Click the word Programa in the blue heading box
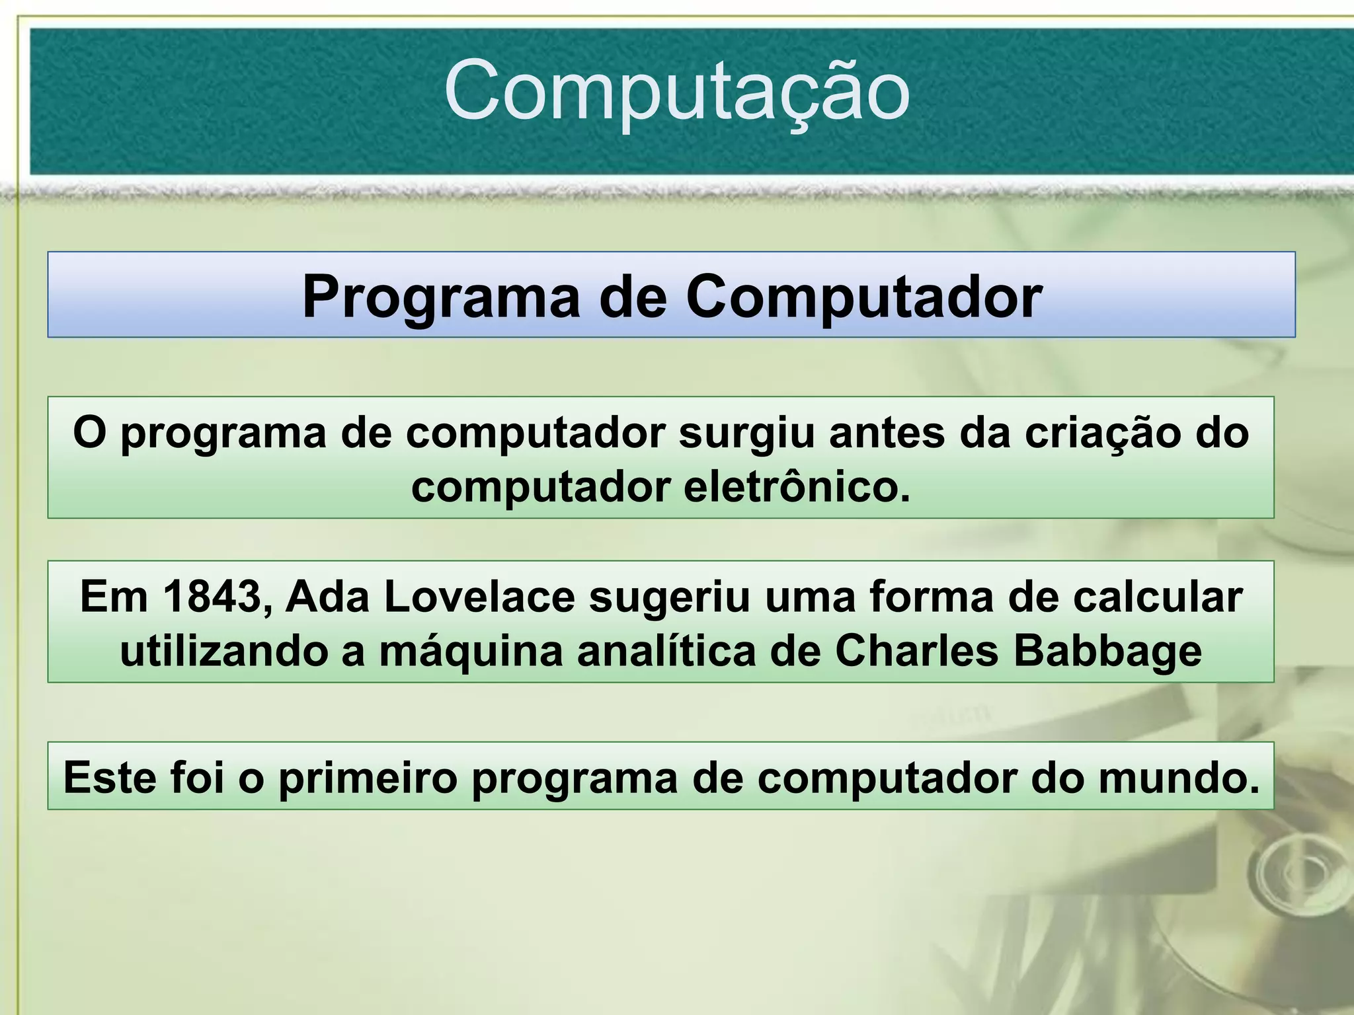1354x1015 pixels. click(x=440, y=297)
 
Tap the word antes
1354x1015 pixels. click(x=887, y=434)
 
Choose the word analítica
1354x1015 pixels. click(x=666, y=652)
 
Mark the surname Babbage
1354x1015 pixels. click(x=1107, y=653)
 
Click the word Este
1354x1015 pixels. click(x=110, y=778)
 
